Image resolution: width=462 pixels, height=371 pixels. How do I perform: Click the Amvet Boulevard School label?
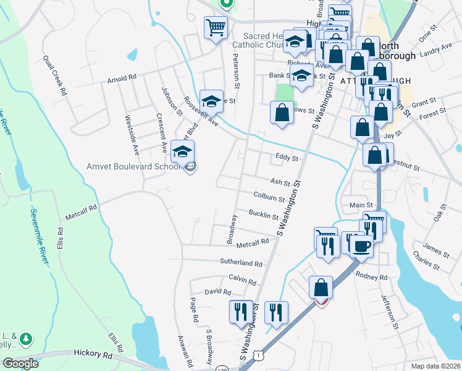[x=134, y=167]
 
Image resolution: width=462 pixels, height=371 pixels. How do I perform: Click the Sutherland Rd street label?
[x=241, y=262]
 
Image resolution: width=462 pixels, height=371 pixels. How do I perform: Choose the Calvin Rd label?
[x=242, y=279]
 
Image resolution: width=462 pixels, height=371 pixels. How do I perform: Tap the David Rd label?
[x=218, y=292]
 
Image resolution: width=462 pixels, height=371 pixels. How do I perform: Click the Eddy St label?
[x=287, y=159]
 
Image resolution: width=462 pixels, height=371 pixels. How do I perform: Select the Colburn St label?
[x=269, y=197]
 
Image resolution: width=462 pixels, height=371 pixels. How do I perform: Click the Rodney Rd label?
[x=374, y=277]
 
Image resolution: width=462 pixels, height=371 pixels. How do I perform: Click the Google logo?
[x=21, y=364]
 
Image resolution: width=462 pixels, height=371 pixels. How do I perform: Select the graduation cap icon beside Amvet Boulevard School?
[x=182, y=151]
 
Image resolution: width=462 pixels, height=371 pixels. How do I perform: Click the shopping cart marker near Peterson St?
[x=216, y=27]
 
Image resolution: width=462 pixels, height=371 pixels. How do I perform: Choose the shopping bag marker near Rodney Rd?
[x=321, y=288]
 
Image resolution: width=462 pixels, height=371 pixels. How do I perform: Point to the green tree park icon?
[x=25, y=338]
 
